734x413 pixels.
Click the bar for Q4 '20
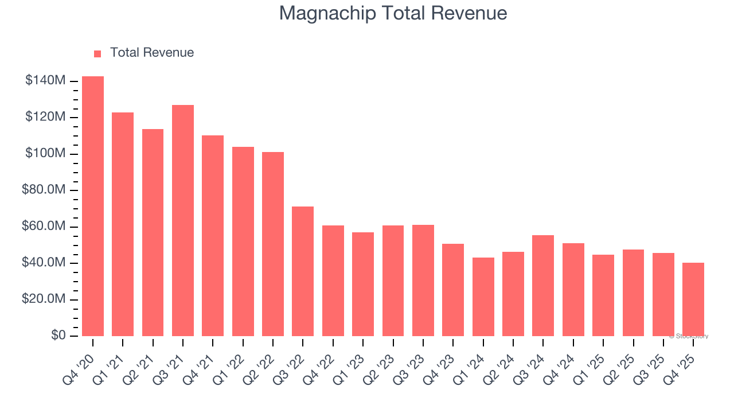click(93, 206)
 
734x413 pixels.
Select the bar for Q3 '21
click(183, 220)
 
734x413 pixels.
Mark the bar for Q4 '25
click(693, 299)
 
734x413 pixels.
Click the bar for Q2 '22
click(273, 244)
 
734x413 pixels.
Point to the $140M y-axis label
click(45, 81)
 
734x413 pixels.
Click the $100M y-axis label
click(45, 154)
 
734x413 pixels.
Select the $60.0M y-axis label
click(44, 227)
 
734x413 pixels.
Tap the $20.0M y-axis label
click(44, 299)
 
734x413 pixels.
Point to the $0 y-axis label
click(58, 336)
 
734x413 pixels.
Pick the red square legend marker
click(97, 53)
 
